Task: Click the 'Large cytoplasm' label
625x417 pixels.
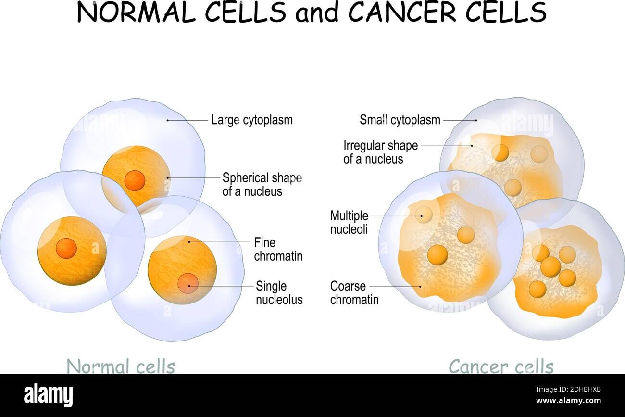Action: tap(251, 120)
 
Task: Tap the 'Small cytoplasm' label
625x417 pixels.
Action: tap(400, 120)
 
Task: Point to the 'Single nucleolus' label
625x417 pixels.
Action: tap(279, 293)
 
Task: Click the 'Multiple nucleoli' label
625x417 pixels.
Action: tap(349, 222)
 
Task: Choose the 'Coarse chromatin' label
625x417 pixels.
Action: tap(354, 293)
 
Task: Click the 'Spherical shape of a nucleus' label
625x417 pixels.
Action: tap(262, 184)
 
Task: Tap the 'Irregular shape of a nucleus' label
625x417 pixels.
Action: tap(380, 152)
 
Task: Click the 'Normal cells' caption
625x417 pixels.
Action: tap(121, 366)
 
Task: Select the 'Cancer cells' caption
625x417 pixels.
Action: tap(501, 366)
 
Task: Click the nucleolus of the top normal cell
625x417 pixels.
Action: tap(135, 180)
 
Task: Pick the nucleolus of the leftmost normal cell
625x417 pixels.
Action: tap(66, 248)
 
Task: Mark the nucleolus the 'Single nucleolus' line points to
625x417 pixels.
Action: tap(188, 283)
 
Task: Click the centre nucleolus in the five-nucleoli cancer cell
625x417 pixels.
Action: tap(550, 266)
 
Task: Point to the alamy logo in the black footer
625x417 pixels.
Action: tap(48, 395)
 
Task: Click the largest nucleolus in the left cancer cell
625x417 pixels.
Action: tap(437, 255)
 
